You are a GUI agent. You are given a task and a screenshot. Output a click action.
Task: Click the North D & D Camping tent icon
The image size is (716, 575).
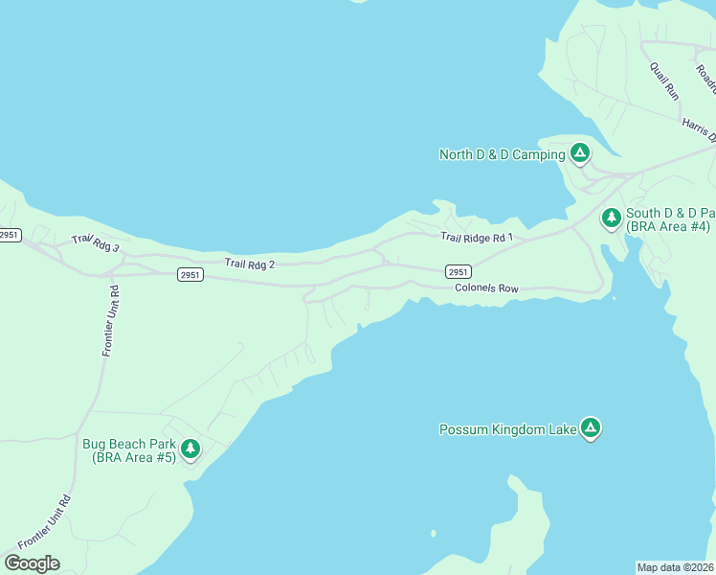(579, 152)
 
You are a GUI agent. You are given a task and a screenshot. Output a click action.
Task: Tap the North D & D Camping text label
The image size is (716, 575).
(502, 154)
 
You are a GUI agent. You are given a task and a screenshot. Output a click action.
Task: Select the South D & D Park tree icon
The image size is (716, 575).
(612, 218)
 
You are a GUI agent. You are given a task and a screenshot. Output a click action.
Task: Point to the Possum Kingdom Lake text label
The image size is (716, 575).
(507, 429)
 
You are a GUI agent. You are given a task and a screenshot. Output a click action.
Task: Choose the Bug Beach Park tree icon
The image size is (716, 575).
(190, 448)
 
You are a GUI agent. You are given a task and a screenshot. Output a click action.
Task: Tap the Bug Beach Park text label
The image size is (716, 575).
(128, 450)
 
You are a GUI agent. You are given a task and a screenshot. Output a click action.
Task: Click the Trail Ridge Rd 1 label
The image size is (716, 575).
(477, 237)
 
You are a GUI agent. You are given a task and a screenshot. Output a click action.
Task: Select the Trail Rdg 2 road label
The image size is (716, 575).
(250, 263)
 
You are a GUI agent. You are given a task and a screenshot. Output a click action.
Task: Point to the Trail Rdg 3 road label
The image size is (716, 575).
(95, 245)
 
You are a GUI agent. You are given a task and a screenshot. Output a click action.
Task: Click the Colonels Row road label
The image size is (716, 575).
(486, 287)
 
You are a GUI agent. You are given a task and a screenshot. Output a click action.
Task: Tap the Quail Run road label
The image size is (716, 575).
(664, 81)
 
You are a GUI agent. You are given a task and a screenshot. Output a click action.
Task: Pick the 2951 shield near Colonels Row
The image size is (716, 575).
(458, 271)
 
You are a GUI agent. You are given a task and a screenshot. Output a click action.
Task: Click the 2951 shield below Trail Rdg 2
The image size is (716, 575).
(190, 275)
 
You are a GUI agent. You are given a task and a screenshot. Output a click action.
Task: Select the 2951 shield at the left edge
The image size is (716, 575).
(10, 235)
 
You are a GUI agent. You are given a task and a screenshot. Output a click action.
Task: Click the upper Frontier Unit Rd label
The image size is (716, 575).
(109, 321)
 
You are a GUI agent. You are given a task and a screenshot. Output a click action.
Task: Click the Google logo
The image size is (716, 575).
(32, 563)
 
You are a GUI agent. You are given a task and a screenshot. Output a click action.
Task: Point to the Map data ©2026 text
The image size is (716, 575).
(675, 567)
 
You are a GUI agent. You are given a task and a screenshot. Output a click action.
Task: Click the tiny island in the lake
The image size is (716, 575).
(434, 534)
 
